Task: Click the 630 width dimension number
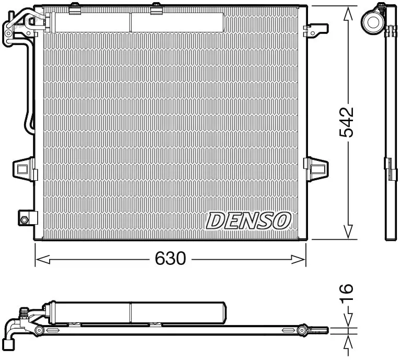click(170, 258)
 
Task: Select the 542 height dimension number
click(347, 122)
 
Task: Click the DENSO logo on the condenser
click(248, 221)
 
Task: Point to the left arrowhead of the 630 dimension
click(42, 260)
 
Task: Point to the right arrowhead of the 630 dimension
click(298, 260)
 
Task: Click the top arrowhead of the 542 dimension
click(348, 14)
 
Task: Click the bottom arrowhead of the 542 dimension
click(348, 231)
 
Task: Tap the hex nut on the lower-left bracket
click(24, 219)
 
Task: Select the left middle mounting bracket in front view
click(25, 169)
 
